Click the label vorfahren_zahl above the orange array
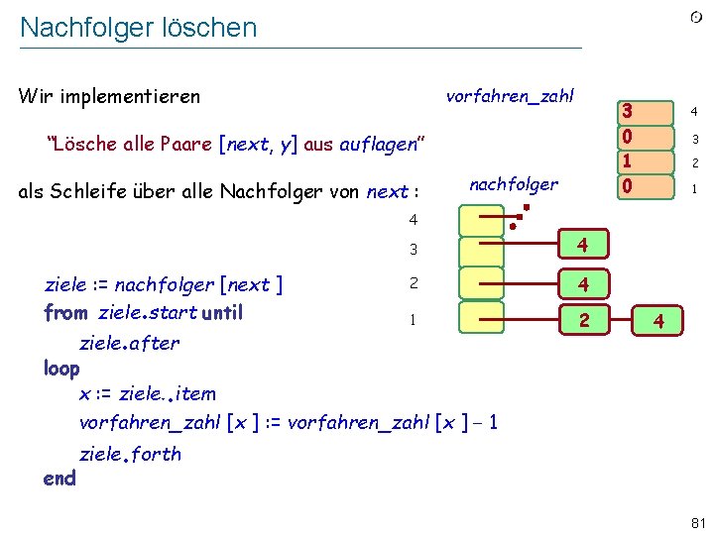click(x=510, y=96)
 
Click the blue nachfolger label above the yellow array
click(x=513, y=184)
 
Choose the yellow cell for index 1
click(x=482, y=320)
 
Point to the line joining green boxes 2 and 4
click(x=622, y=320)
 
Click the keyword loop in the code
click(x=61, y=369)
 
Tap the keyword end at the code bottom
click(x=59, y=479)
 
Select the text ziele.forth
click(x=130, y=454)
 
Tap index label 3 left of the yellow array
click(x=414, y=248)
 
